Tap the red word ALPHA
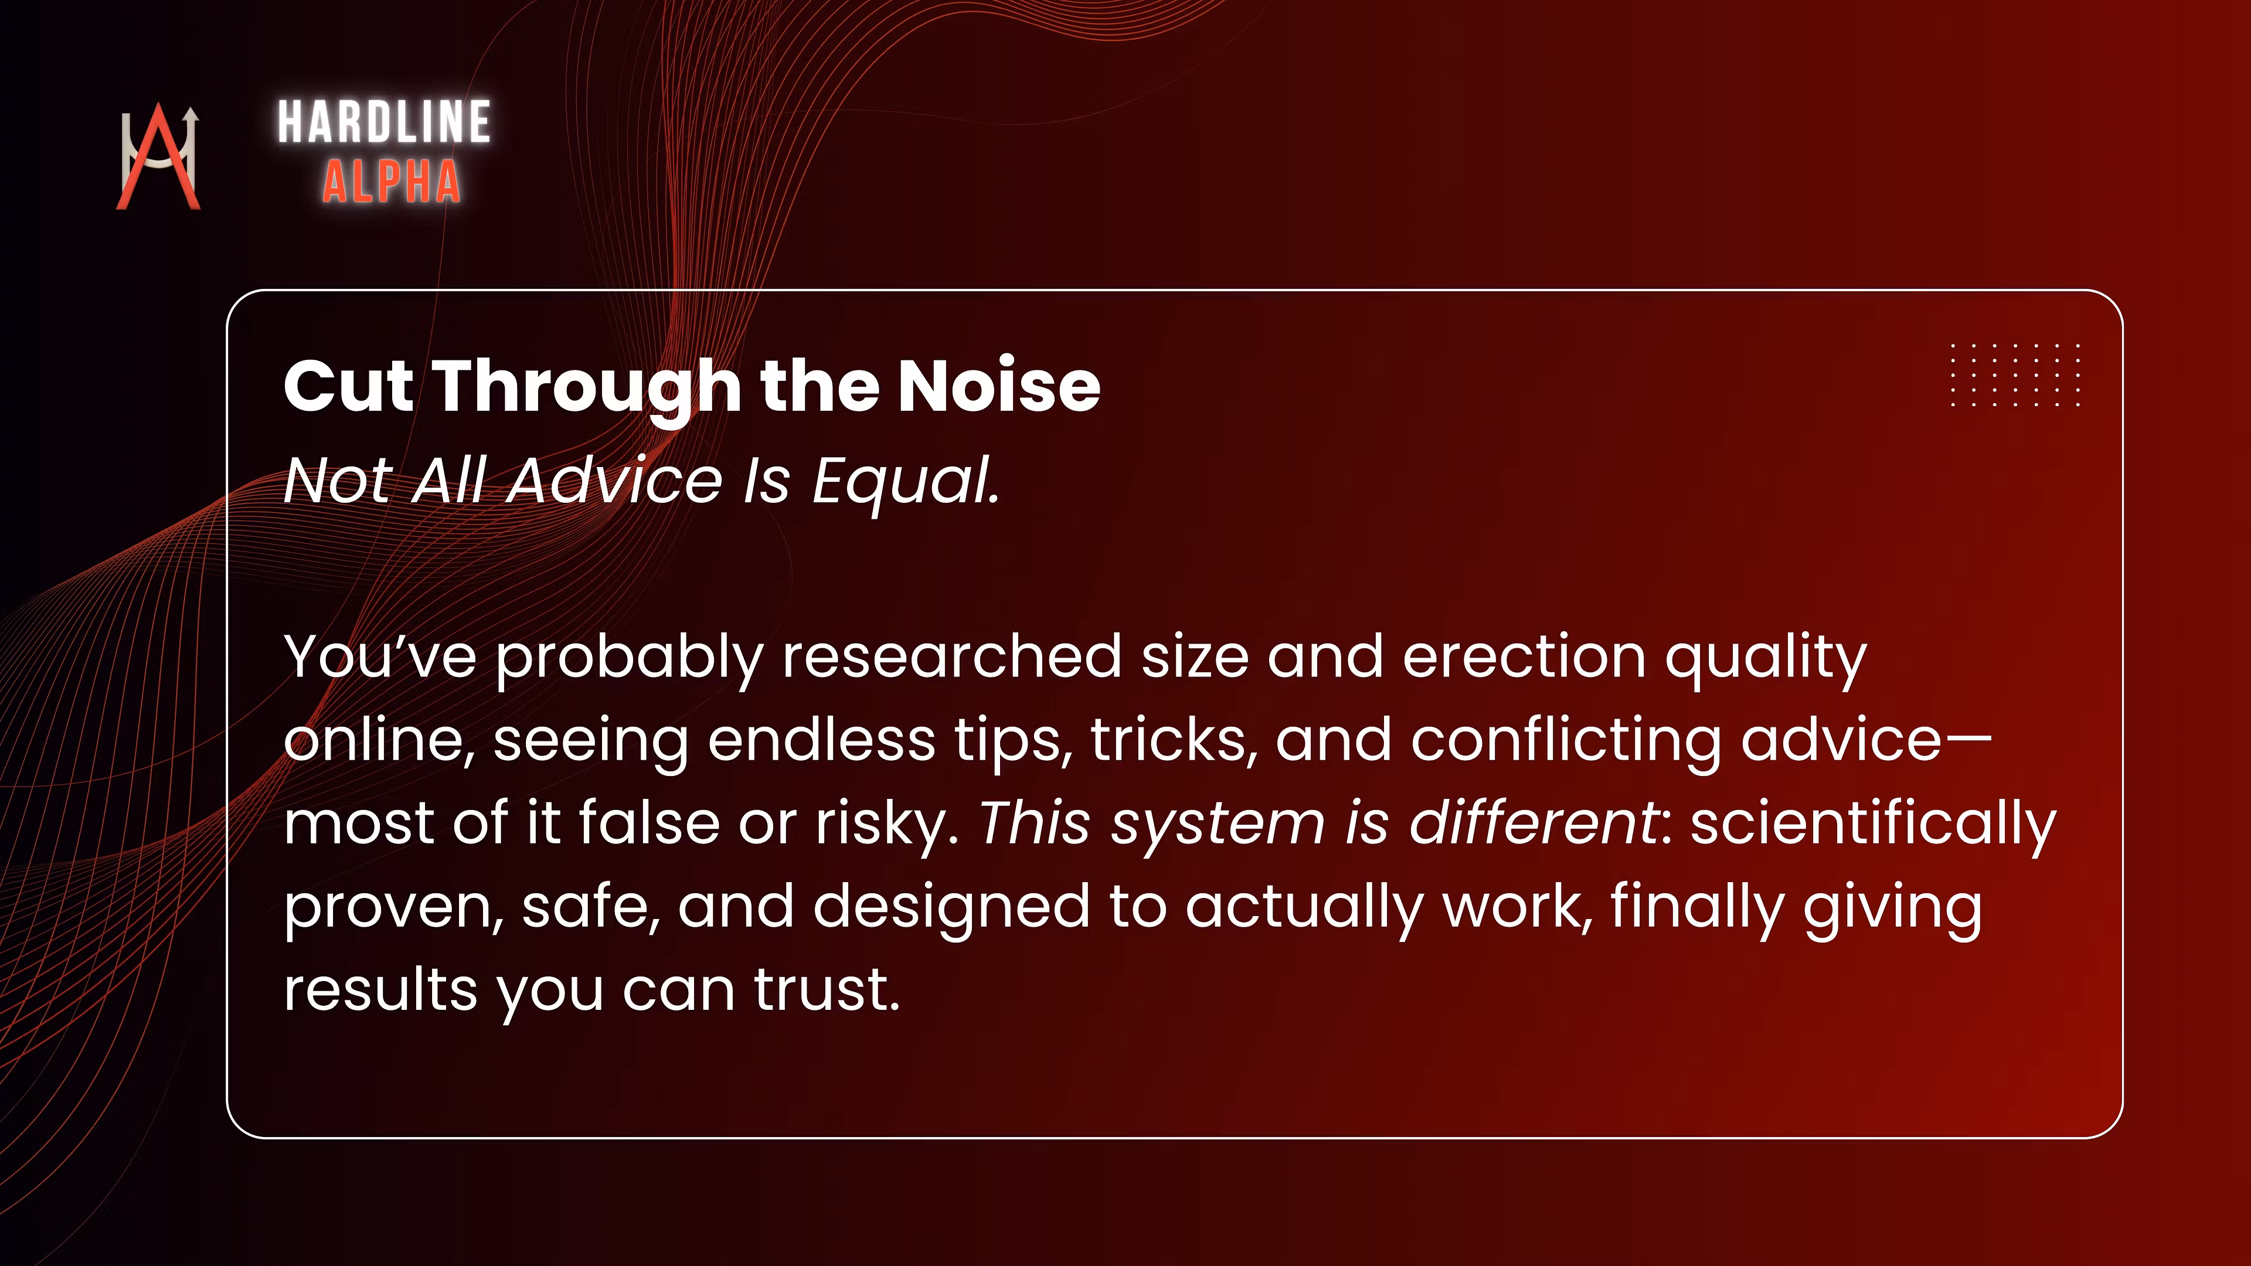pos(392,182)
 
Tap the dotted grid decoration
pos(2015,375)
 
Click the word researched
pos(951,656)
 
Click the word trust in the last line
pos(827,990)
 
